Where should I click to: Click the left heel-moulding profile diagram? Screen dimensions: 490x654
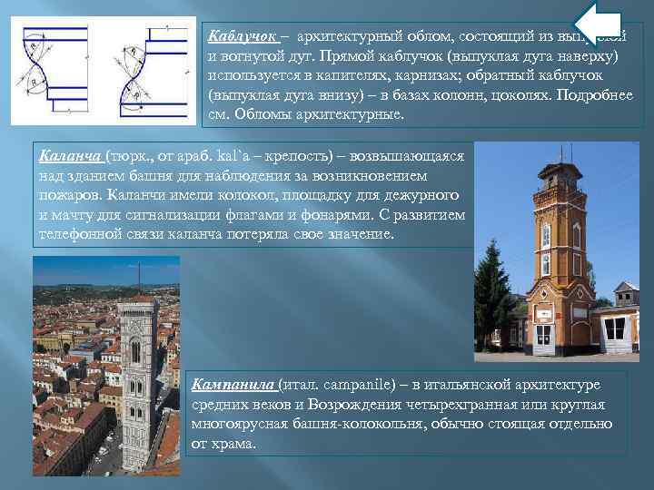[53, 71]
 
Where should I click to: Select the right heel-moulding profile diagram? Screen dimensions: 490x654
[144, 71]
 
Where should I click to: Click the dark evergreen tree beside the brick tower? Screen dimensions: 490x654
[494, 290]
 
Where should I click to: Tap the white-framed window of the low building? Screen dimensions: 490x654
[615, 328]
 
